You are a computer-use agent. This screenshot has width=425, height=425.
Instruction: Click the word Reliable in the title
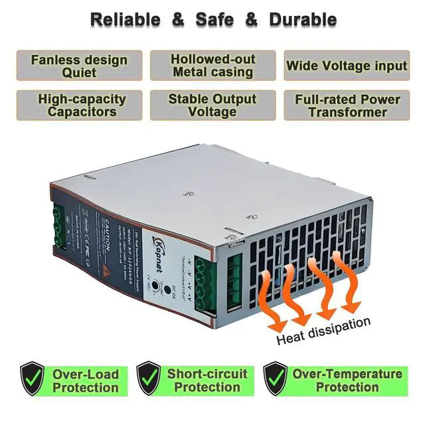pyautogui.click(x=125, y=19)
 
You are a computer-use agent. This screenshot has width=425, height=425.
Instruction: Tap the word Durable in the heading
pyautogui.click(x=303, y=19)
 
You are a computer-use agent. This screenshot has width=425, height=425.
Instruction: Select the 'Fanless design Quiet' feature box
pyautogui.click(x=79, y=66)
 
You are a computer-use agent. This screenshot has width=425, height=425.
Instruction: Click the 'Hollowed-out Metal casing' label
pyautogui.click(x=212, y=66)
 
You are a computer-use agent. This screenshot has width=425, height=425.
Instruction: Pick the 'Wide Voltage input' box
pyautogui.click(x=346, y=66)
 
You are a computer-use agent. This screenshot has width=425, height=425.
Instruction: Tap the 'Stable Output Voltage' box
pyautogui.click(x=212, y=106)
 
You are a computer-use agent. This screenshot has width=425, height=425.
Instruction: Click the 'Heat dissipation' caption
pyautogui.click(x=323, y=330)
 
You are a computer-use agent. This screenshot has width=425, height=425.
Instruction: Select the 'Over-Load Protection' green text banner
pyautogui.click(x=84, y=380)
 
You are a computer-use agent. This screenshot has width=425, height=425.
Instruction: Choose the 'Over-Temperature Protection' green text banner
pyautogui.click(x=347, y=380)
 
